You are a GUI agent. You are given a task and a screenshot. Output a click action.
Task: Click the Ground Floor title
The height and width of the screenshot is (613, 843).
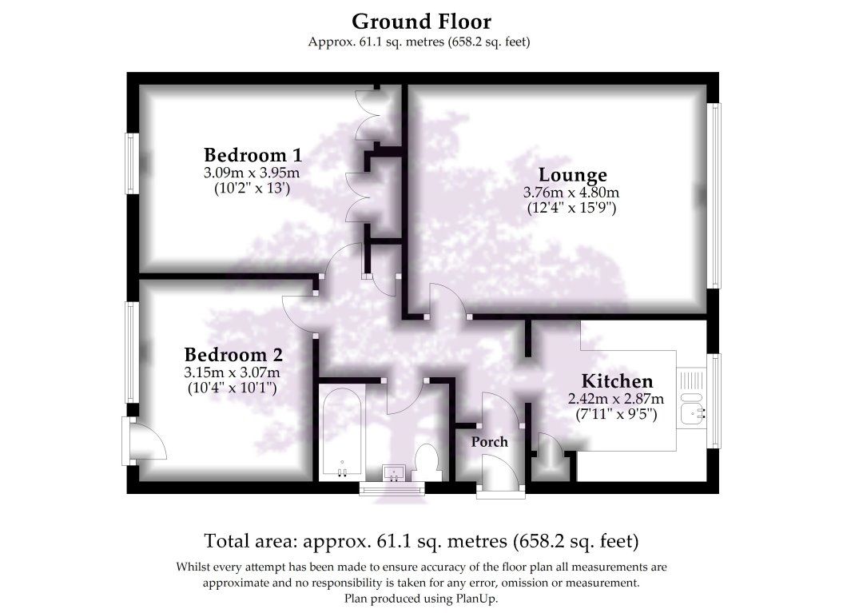pyautogui.click(x=422, y=22)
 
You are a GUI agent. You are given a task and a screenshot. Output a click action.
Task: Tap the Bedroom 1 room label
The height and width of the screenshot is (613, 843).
pyautogui.click(x=253, y=155)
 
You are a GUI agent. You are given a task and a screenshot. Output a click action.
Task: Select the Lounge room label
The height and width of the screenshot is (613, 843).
pyautogui.click(x=573, y=175)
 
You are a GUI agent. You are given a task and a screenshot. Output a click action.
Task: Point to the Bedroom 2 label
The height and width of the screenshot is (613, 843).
pyautogui.click(x=233, y=354)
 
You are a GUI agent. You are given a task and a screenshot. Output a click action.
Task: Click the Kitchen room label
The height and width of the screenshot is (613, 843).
pyautogui.click(x=617, y=381)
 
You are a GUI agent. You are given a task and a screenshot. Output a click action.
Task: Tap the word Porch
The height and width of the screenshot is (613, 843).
pyautogui.click(x=490, y=441)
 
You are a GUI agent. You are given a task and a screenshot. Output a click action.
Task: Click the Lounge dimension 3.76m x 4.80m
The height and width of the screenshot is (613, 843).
pyautogui.click(x=571, y=192)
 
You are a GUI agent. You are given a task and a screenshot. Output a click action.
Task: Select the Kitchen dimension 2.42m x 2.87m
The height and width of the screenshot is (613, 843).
pyautogui.click(x=616, y=399)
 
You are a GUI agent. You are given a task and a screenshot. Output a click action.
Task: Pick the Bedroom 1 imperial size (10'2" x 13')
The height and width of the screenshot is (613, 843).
pyautogui.click(x=253, y=188)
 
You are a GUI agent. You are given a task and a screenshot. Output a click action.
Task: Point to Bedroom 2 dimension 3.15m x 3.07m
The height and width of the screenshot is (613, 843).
pyautogui.click(x=233, y=372)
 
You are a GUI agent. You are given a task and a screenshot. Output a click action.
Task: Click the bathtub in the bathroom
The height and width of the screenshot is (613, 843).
pyautogui.click(x=343, y=432)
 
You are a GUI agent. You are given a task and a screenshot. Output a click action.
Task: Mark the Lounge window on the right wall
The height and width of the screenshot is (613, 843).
pyautogui.click(x=714, y=195)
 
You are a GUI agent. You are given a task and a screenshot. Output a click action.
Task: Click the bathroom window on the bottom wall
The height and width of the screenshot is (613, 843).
pyautogui.click(x=392, y=488)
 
